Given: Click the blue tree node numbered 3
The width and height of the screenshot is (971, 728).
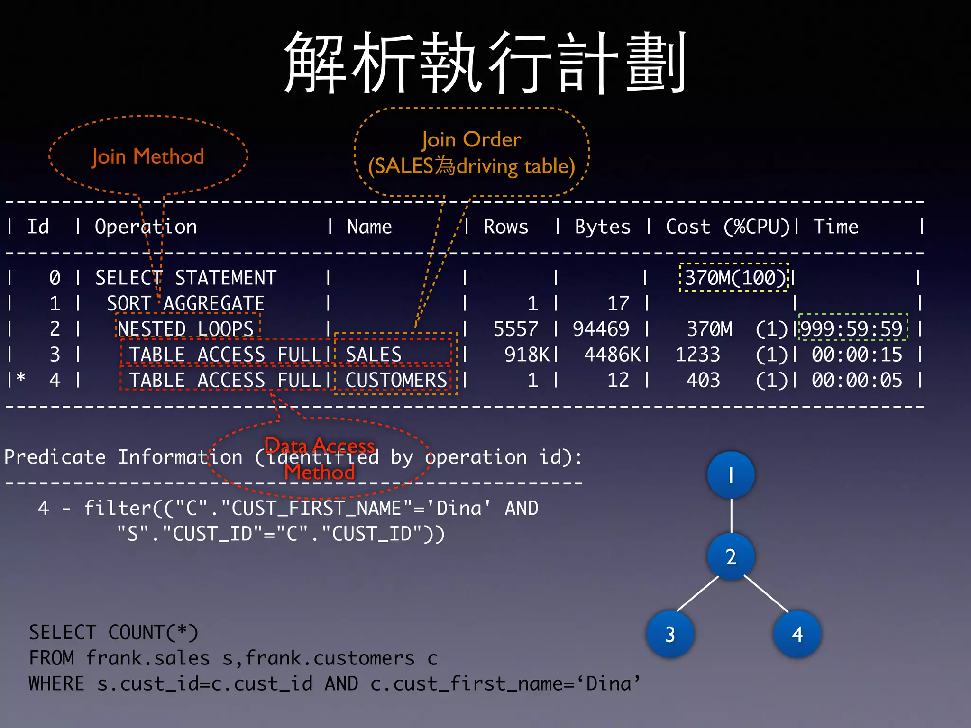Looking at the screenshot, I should (x=670, y=634).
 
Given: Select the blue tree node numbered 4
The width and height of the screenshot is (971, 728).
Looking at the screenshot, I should (x=797, y=634).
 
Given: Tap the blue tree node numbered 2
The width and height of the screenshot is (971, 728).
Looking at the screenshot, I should (x=731, y=556).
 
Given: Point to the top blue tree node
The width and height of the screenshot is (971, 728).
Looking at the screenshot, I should (x=731, y=475).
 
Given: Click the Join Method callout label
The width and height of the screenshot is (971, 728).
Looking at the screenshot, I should (x=148, y=156).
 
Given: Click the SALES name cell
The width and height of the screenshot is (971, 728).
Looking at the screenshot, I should (x=374, y=355).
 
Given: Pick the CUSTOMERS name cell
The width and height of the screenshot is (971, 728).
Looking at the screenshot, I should (x=396, y=380).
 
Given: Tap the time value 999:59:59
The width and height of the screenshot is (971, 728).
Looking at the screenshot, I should (x=852, y=329).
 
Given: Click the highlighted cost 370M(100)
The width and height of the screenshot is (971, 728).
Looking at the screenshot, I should (x=734, y=278).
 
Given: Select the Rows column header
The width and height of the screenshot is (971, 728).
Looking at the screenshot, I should (x=505, y=227).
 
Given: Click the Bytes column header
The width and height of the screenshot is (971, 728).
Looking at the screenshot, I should (x=603, y=227).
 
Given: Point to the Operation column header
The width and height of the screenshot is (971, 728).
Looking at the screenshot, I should (x=146, y=227).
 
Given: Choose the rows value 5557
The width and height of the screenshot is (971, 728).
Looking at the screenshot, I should (x=516, y=329).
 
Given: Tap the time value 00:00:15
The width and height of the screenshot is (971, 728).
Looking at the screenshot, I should (x=857, y=355).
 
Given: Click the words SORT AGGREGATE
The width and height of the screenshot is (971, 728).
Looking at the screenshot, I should (x=185, y=303).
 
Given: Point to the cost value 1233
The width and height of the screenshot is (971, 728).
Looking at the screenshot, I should (x=697, y=355).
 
